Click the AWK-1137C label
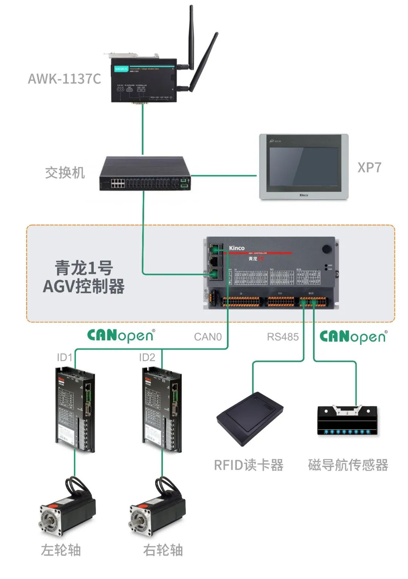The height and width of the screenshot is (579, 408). [64, 79]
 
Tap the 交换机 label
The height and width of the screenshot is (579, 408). [65, 173]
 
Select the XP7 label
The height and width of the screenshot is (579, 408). [369, 167]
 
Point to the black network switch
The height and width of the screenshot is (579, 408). [145, 174]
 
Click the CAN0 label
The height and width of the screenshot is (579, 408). [208, 337]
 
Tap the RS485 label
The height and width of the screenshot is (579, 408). [283, 337]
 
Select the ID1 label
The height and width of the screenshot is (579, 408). [64, 357]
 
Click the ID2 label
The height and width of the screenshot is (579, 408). [147, 357]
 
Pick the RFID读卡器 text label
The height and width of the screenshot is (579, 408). [249, 465]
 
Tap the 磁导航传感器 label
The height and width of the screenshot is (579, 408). [348, 465]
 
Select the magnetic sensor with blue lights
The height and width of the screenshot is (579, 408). [347, 421]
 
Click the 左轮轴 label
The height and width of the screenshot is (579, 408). [61, 550]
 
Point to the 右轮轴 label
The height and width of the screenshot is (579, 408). [163, 550]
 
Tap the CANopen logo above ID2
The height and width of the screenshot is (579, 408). [121, 335]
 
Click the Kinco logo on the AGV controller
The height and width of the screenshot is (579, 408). [237, 248]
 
